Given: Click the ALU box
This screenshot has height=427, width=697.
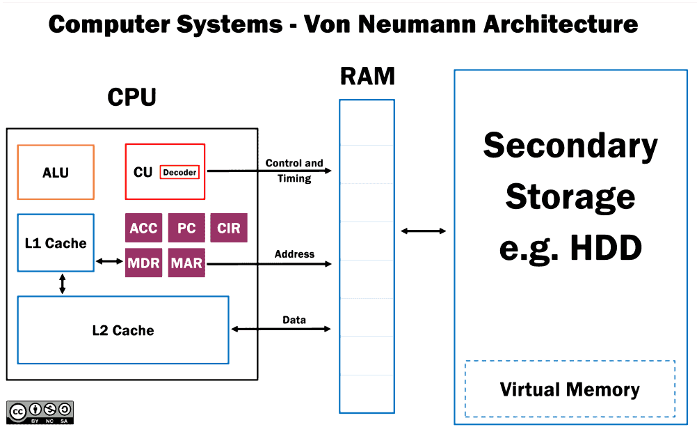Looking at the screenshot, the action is click(x=56, y=172).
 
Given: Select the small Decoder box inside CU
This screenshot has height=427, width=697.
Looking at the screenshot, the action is click(x=179, y=172).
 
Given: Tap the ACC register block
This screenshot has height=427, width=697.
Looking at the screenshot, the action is click(x=143, y=228).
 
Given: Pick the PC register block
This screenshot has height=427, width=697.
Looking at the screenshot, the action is click(x=186, y=228).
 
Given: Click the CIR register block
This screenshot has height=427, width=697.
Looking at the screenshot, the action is click(x=229, y=228).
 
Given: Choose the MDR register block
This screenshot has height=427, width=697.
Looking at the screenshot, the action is click(x=143, y=263).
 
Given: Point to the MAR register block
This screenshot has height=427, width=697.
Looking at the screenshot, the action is click(x=186, y=263).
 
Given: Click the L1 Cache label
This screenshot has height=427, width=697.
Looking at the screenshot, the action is click(x=56, y=243).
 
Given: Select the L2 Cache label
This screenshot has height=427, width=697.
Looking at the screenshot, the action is click(x=123, y=330).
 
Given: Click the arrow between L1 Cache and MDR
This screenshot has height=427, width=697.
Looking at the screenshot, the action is click(x=109, y=261).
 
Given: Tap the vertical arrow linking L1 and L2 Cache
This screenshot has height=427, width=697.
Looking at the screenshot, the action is click(x=62, y=284).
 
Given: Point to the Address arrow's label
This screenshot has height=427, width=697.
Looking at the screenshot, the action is click(x=294, y=254).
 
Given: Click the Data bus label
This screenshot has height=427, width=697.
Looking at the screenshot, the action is click(x=294, y=320).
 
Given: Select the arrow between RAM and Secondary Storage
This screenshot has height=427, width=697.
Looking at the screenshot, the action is click(x=423, y=231).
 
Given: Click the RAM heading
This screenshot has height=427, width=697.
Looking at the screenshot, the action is click(x=367, y=76).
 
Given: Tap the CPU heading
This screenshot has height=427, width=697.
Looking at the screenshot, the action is click(x=132, y=97).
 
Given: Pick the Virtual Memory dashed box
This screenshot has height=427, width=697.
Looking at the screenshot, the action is click(x=570, y=389).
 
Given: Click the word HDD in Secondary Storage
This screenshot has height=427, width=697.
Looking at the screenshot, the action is click(x=606, y=247).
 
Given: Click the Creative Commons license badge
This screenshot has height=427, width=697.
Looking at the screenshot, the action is click(x=40, y=412).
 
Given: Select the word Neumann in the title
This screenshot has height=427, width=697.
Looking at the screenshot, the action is click(x=417, y=24).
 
